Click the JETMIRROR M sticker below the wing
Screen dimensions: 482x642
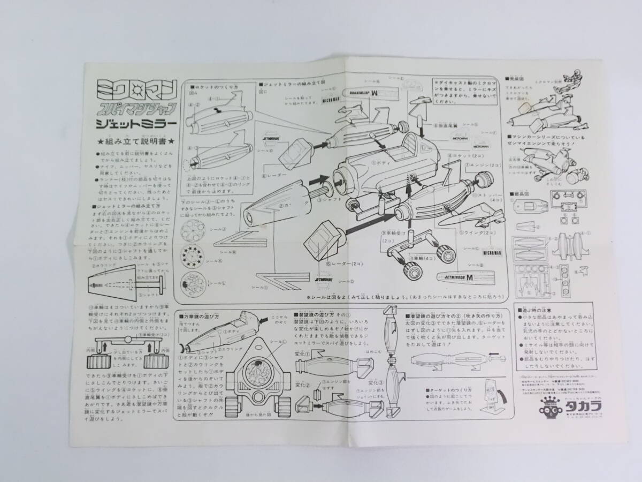pos(458,278)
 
